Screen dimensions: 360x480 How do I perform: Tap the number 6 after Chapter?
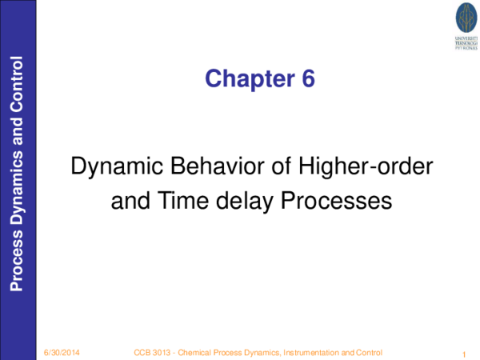307,78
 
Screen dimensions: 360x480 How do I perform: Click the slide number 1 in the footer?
464,354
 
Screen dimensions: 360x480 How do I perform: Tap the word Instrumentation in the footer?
307,353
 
